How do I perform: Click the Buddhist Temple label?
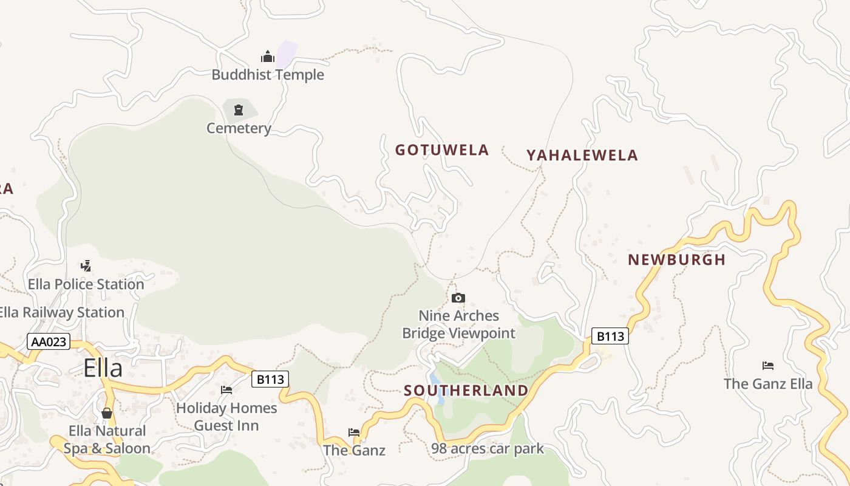coord(268,75)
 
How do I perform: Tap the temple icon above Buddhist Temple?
coord(268,57)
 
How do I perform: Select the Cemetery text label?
coord(239,128)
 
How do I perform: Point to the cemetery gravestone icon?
coord(238,110)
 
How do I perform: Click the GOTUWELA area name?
coord(442,150)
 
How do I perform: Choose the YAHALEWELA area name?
coord(582,156)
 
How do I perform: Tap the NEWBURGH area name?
coord(676,260)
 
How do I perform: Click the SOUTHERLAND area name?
coord(466,391)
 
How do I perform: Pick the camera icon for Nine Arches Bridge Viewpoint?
coord(458,298)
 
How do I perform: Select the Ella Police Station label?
coord(86,284)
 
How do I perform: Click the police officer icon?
coord(86,265)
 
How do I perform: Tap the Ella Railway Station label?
coord(61,313)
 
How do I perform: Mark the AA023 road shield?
coord(49,342)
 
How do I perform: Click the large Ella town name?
coord(103,368)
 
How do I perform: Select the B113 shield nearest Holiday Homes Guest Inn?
coord(270,380)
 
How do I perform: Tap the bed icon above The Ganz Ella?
coord(768,366)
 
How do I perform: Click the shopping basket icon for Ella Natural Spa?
coord(107,413)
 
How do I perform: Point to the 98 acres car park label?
coord(488,449)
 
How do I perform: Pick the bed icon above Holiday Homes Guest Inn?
coord(226,389)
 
